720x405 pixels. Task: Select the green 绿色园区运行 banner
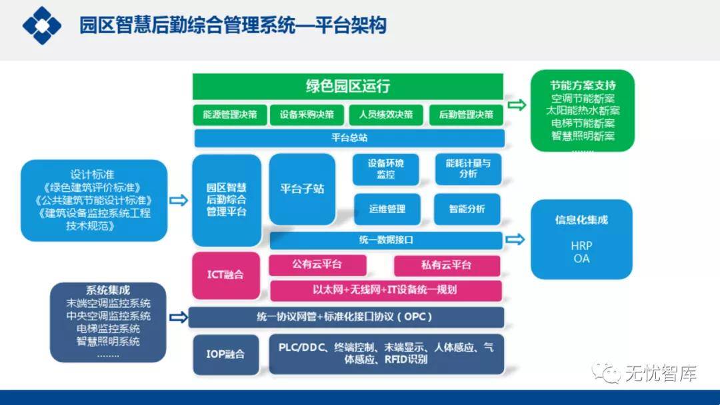pos(347,87)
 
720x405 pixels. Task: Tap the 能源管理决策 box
pos(230,115)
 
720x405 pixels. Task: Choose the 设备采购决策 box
pos(307,115)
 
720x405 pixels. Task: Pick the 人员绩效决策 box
pos(386,115)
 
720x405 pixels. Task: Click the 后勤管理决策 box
pos(466,115)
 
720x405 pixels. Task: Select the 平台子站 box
pos(302,189)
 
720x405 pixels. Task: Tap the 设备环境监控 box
pos(386,169)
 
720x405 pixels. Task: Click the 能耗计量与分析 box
pos(468,169)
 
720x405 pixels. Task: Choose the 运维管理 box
pos(387,208)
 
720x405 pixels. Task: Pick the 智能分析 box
pos(467,208)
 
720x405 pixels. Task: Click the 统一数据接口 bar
pos(385,240)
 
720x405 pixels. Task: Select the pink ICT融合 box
pos(225,274)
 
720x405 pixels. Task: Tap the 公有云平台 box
pos(317,264)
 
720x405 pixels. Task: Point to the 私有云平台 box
pos(447,265)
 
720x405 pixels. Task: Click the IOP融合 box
pos(225,354)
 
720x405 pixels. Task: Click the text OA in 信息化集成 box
pos(581,258)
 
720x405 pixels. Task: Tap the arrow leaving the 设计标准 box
pos(179,199)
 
